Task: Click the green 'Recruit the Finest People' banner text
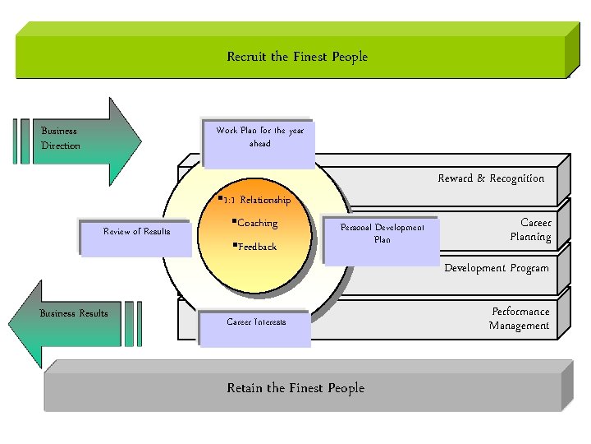[297, 57]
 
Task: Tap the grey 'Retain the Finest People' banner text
[295, 387]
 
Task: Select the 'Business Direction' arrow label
[61, 138]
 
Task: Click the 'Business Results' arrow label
[74, 313]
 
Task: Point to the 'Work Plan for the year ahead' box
[259, 137]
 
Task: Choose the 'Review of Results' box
[137, 231]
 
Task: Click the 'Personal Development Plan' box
[382, 234]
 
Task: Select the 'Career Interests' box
[256, 322]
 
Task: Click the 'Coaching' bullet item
[256, 223]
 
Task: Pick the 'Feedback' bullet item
[256, 247]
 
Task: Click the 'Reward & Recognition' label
[491, 178]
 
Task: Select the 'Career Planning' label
[530, 230]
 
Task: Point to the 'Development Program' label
[497, 268]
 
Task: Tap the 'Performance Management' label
[520, 319]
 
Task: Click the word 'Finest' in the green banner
[311, 57]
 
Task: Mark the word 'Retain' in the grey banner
[246, 387]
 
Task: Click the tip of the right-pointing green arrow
[140, 137]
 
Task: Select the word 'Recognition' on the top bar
[516, 178]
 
